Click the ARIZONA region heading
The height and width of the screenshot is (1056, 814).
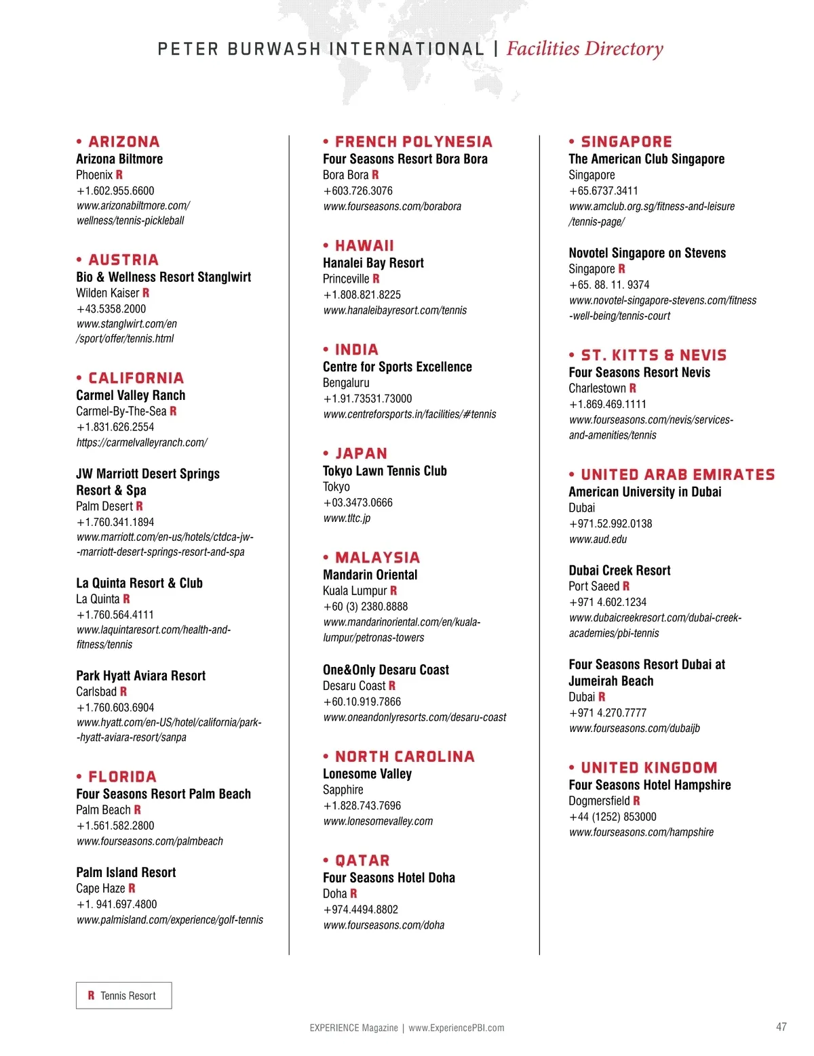pyautogui.click(x=124, y=142)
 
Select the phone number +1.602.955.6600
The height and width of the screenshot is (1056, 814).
pyautogui.click(x=115, y=191)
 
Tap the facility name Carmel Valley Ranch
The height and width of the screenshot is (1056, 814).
pyautogui.click(x=130, y=395)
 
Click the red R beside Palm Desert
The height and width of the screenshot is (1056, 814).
pyautogui.click(x=140, y=506)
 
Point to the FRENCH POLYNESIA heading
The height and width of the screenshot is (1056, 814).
pyautogui.click(x=413, y=142)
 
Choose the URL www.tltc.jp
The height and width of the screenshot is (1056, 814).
pyautogui.click(x=347, y=519)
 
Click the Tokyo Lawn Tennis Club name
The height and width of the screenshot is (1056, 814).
pyautogui.click(x=385, y=471)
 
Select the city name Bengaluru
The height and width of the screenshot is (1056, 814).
pyautogui.click(x=346, y=383)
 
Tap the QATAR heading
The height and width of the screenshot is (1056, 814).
pyautogui.click(x=362, y=861)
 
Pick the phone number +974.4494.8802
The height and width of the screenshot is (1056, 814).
pyautogui.click(x=361, y=910)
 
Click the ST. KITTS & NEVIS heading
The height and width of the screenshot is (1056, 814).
pyautogui.click(x=653, y=356)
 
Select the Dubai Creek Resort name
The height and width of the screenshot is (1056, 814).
pyautogui.click(x=619, y=571)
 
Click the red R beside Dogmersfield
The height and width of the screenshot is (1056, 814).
pyautogui.click(x=637, y=801)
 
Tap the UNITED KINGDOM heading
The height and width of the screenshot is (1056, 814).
pyautogui.click(x=649, y=768)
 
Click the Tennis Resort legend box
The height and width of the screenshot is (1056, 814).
pyautogui.click(x=123, y=996)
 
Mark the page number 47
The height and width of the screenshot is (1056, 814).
pyautogui.click(x=781, y=1027)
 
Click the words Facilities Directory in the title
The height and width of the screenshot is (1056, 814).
pyautogui.click(x=585, y=49)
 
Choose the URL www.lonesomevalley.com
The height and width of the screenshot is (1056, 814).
pyautogui.click(x=378, y=821)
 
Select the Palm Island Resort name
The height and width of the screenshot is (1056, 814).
pyautogui.click(x=125, y=872)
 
